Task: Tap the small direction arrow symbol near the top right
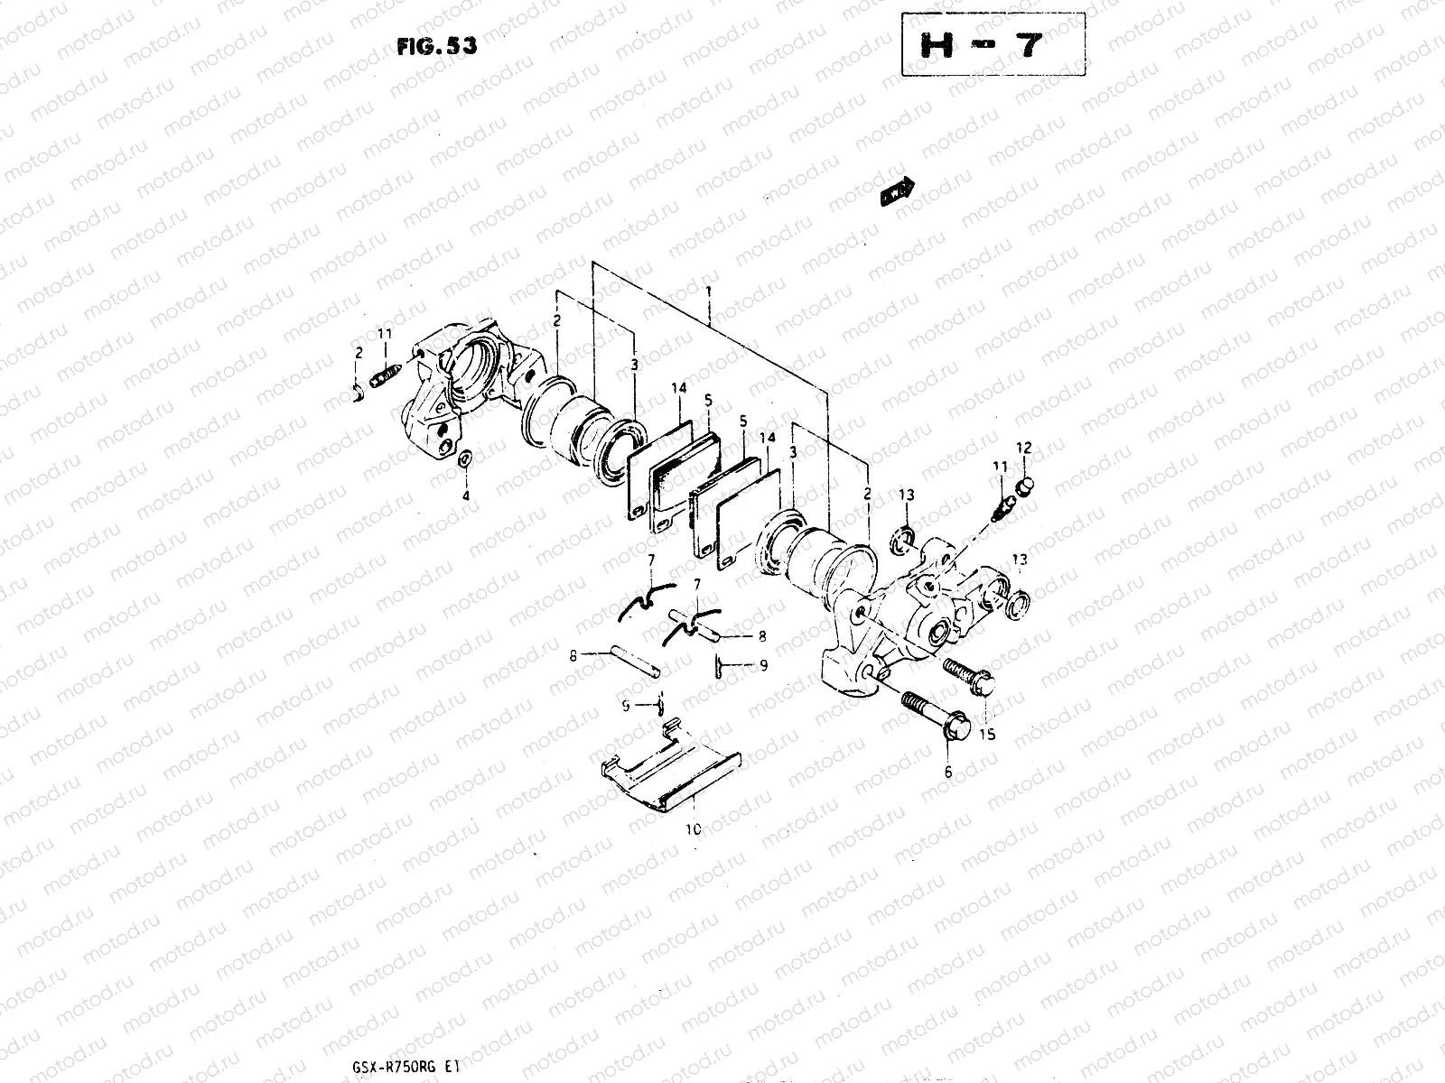pyautogui.click(x=896, y=191)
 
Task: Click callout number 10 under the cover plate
pyautogui.click(x=693, y=828)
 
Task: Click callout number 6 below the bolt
pyautogui.click(x=947, y=772)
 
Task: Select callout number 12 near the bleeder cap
pyautogui.click(x=1022, y=448)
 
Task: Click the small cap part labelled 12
pyautogui.click(x=1023, y=488)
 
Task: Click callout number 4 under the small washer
pyautogui.click(x=466, y=495)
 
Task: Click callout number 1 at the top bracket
pyautogui.click(x=710, y=292)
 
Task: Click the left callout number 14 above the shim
pyautogui.click(x=679, y=388)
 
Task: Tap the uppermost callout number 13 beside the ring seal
pyautogui.click(x=906, y=495)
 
